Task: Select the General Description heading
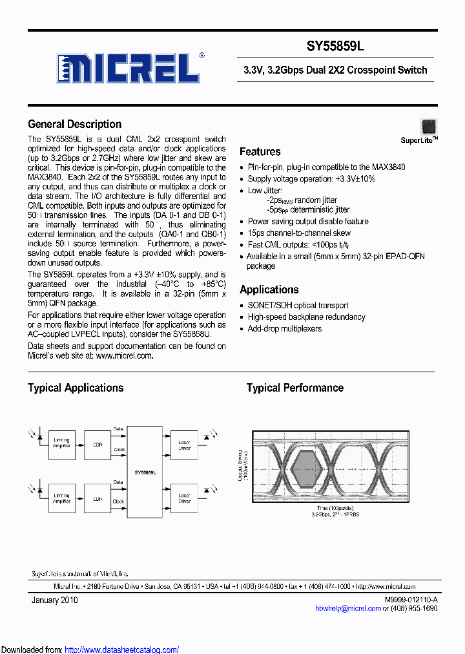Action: point(74,124)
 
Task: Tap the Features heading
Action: point(260,152)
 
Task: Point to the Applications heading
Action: point(269,290)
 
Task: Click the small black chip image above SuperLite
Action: point(428,126)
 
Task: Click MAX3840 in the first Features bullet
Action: point(389,167)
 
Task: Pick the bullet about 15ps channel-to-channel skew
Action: point(299,233)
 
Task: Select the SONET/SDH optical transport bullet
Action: point(298,305)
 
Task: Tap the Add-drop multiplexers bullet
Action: point(285,328)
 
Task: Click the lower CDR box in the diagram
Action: point(98,498)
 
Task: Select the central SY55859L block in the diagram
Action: point(145,472)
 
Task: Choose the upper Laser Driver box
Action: point(184,445)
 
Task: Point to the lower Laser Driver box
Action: point(184,498)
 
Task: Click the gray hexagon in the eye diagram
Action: point(305,467)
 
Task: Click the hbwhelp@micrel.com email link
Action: point(347,608)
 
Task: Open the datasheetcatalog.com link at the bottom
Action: point(122,649)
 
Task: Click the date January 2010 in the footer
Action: point(55,600)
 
